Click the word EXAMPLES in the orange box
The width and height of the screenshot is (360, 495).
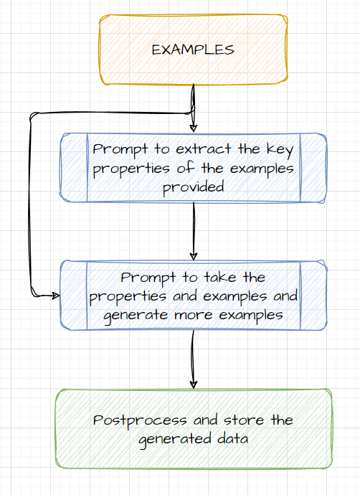pyautogui.click(x=193, y=49)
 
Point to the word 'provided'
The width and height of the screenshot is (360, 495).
pyautogui.click(x=193, y=187)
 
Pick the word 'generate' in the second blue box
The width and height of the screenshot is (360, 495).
pyautogui.click(x=134, y=314)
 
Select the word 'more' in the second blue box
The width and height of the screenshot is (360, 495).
pyautogui.click(x=191, y=314)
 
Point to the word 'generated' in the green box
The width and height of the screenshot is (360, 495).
pyautogui.click(x=170, y=439)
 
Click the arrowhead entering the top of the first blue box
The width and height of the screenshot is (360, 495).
pyautogui.click(x=194, y=128)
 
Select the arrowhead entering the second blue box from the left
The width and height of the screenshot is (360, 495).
pyautogui.click(x=55, y=295)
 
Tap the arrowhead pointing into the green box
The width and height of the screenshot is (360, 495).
pyautogui.click(x=193, y=384)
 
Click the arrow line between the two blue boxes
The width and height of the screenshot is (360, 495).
pyautogui.click(x=194, y=230)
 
